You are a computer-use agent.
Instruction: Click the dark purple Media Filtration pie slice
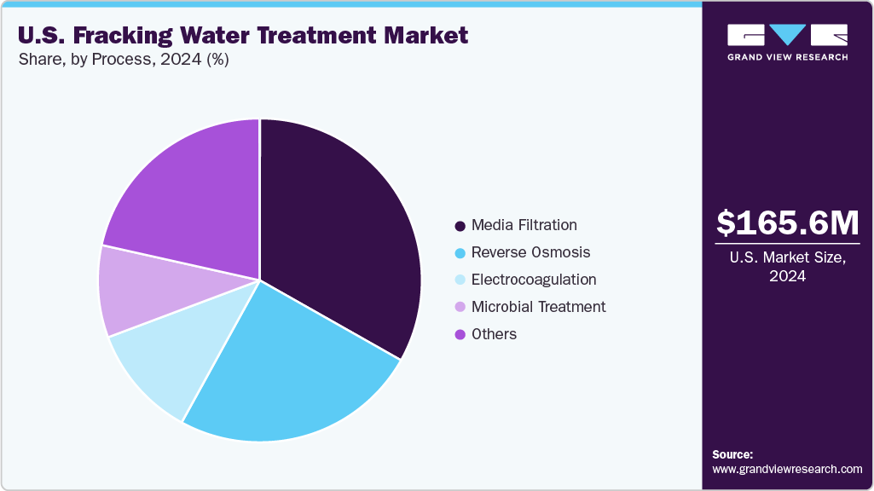pos(341,239)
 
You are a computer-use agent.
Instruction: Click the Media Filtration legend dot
pos(460,226)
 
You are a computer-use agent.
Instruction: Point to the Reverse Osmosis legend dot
pos(460,253)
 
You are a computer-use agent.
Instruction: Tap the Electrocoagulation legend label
pos(534,280)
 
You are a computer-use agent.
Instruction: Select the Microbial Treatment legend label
pos(538,307)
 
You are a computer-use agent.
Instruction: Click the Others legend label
pos(494,334)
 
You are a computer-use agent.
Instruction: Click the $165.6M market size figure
pos(787,222)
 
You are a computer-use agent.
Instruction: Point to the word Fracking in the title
pos(124,35)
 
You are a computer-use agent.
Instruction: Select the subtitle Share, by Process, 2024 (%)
pos(123,60)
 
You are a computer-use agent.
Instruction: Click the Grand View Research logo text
pos(787,57)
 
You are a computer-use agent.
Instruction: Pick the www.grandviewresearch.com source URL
pos(787,469)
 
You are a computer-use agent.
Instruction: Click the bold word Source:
pos(732,454)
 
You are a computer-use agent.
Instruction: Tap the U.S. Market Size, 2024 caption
pos(787,268)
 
